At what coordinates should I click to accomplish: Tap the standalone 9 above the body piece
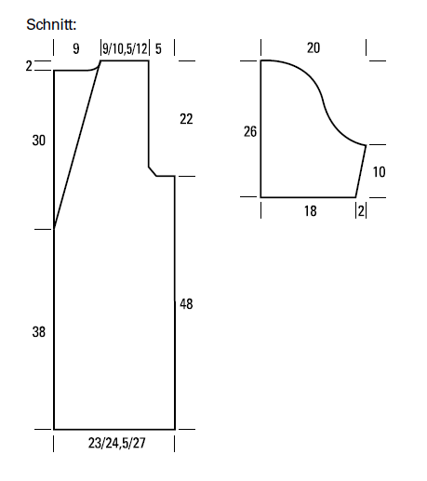(x=76, y=48)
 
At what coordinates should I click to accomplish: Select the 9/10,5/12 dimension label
(x=125, y=48)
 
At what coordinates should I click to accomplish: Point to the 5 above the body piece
(x=158, y=48)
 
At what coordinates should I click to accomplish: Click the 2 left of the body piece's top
(x=29, y=66)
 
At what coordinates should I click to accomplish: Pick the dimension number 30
(x=39, y=140)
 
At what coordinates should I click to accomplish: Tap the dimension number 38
(x=39, y=332)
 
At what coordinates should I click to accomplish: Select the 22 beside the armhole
(x=186, y=119)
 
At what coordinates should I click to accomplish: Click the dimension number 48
(x=186, y=304)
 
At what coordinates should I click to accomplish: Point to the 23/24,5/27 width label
(x=116, y=443)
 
